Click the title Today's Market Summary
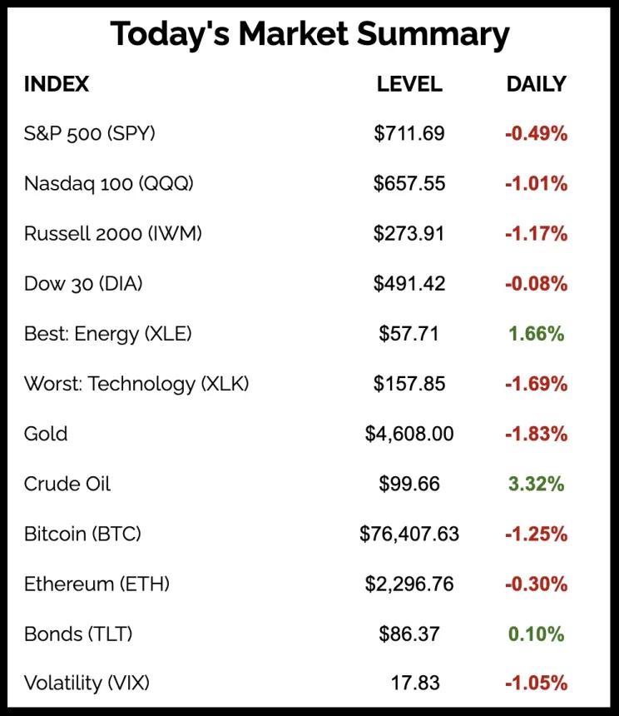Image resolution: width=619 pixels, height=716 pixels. point(309,34)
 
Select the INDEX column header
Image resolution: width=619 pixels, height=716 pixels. point(57,84)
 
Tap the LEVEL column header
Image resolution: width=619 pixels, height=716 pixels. point(409,84)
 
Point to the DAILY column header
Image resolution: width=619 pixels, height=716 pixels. point(536,84)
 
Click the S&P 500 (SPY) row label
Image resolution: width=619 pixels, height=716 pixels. point(90,133)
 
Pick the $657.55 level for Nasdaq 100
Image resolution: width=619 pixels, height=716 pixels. point(409,183)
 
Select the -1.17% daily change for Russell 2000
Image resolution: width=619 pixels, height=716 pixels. point(536,234)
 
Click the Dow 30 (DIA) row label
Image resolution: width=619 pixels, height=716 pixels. point(83,284)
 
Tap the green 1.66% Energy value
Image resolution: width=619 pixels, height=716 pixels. point(536,334)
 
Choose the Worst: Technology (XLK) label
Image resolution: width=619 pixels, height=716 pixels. point(136,384)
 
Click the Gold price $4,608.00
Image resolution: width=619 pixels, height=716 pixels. point(409,434)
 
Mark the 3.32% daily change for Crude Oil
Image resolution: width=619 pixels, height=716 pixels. point(536,484)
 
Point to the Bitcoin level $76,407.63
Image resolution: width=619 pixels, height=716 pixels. point(409,534)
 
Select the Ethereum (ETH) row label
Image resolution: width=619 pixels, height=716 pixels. point(97,584)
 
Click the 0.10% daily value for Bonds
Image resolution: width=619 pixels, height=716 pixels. point(536,634)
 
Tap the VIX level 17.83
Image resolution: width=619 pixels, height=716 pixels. point(415,684)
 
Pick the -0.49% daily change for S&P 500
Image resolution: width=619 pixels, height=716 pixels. point(536,133)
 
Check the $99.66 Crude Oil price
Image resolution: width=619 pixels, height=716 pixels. point(409,484)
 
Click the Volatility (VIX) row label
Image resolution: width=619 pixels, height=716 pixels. point(87,684)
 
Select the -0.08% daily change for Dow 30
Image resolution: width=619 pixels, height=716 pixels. point(536,284)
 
